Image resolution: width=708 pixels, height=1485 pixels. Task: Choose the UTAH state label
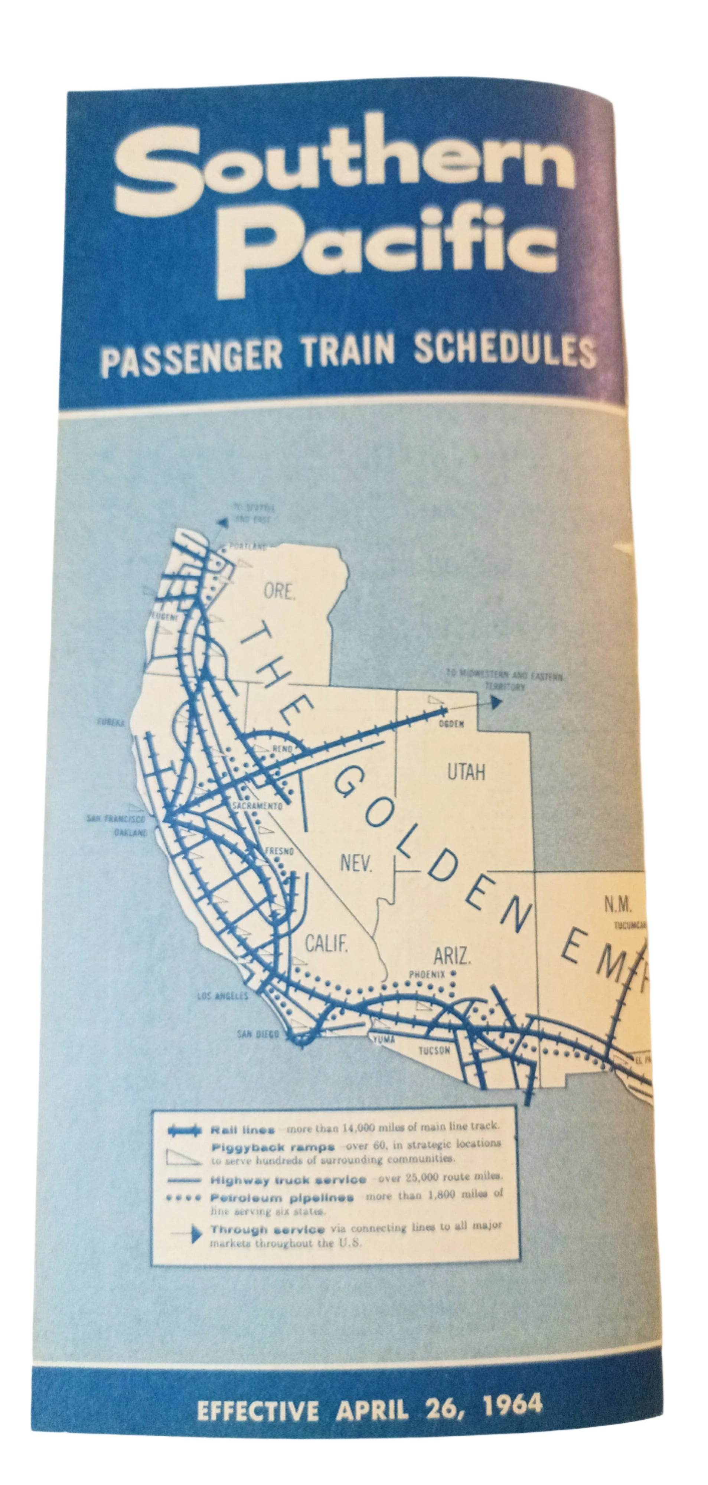click(466, 772)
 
